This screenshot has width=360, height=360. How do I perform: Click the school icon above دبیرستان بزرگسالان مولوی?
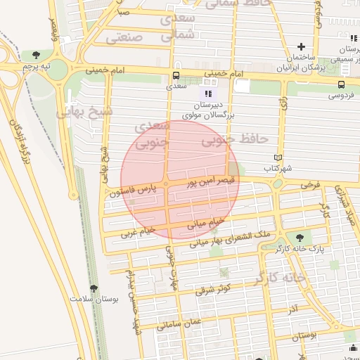tap(207, 93)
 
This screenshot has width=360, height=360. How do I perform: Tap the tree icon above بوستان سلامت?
tap(94, 288)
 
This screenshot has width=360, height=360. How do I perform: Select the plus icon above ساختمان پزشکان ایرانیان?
tap(301, 46)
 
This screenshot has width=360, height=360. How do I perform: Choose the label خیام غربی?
tap(137, 231)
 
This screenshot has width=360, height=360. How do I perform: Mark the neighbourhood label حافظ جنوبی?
tap(226, 141)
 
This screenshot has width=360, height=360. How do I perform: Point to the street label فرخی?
tap(310, 185)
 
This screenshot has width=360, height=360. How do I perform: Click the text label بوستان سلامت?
tap(95, 299)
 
